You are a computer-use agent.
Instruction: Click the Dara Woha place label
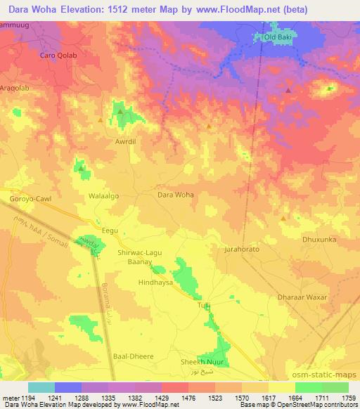(x=175, y=195)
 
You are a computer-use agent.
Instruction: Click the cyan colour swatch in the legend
(x=41, y=387)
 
